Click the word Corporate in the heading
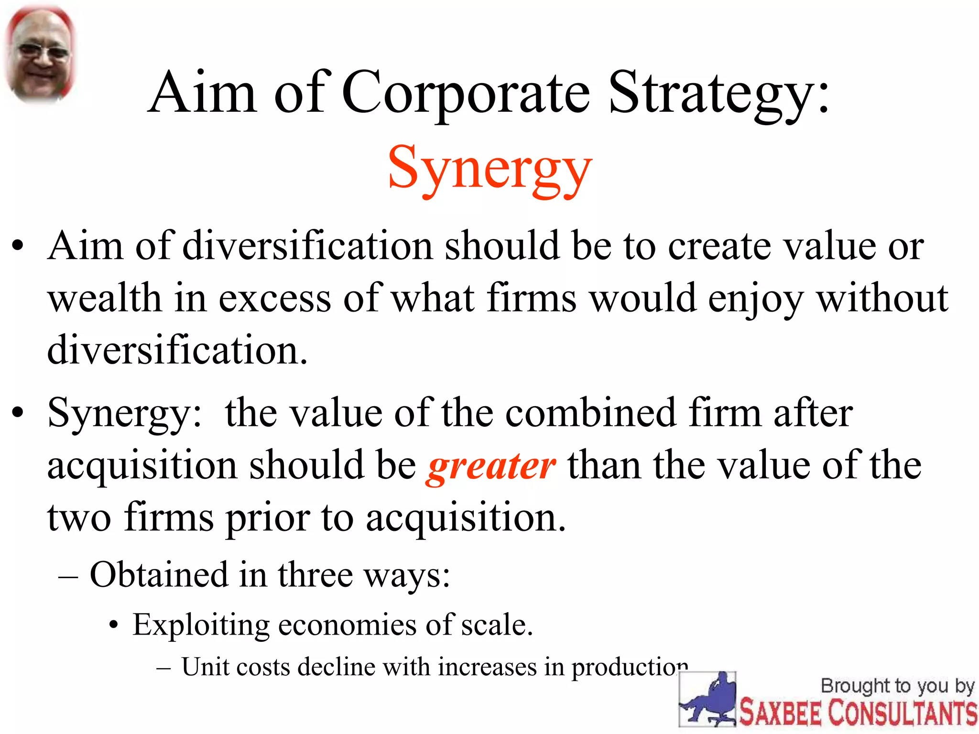pyautogui.click(x=466, y=93)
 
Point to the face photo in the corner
pyautogui.click(x=40, y=55)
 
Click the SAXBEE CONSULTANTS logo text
pyautogui.click(x=859, y=712)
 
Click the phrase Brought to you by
pyautogui.click(x=897, y=686)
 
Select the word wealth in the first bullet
pyautogui.click(x=104, y=299)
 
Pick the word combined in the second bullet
pyautogui.click(x=591, y=413)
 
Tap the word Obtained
pyautogui.click(x=159, y=574)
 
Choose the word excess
pyautogui.click(x=275, y=299)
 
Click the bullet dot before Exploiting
pyautogui.click(x=113, y=625)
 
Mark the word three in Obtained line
pyautogui.click(x=315, y=574)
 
